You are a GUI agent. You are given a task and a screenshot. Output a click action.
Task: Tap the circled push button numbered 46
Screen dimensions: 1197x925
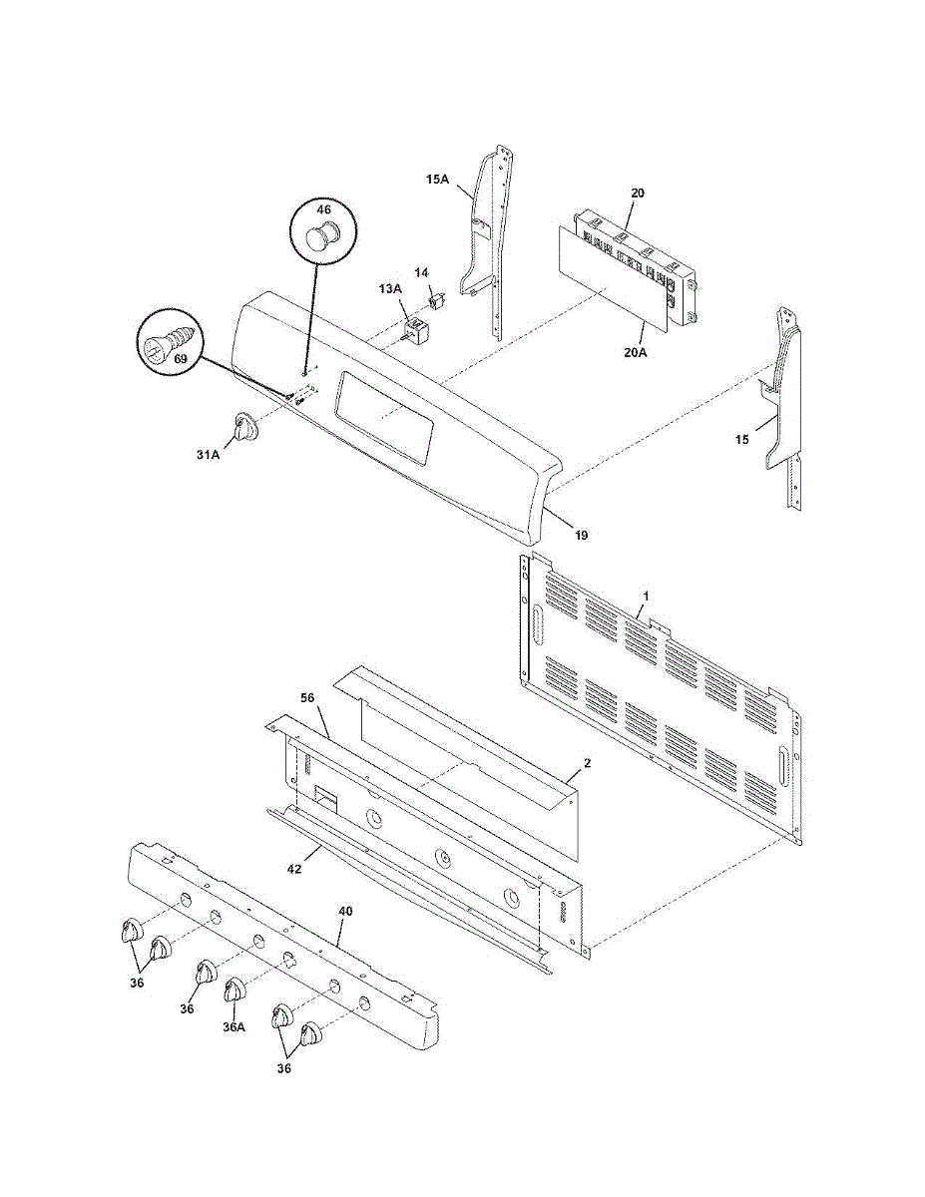point(319,239)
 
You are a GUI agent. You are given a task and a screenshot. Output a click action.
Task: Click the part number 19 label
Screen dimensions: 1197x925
point(581,535)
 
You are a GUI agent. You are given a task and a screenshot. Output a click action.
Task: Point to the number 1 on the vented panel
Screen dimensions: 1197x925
point(646,596)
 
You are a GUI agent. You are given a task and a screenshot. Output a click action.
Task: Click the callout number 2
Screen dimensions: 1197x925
point(588,762)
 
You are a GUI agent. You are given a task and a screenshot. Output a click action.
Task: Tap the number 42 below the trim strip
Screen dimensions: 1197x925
point(295,870)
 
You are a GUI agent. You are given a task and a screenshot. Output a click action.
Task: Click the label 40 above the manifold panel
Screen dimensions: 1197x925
point(345,912)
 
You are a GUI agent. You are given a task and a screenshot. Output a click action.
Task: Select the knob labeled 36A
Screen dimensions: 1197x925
point(234,991)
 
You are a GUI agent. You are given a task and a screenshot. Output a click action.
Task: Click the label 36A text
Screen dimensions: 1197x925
point(232,1026)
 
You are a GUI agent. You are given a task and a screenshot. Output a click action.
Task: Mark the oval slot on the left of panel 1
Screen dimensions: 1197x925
point(535,626)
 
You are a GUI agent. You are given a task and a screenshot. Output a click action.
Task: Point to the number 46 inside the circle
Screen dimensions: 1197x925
point(324,210)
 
